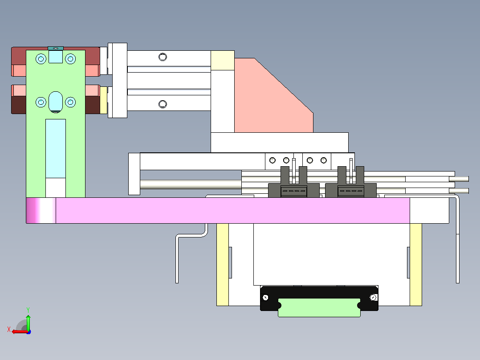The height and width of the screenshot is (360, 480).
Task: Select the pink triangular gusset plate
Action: [274, 95]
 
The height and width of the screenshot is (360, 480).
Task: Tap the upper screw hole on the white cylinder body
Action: [163, 57]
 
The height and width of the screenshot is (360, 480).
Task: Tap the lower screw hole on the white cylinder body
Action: [163, 104]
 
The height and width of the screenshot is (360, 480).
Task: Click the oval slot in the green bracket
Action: [55, 102]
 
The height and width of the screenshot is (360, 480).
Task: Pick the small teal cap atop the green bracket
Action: [56, 49]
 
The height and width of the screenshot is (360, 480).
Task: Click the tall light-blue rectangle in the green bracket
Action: [56, 149]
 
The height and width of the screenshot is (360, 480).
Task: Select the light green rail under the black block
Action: [319, 307]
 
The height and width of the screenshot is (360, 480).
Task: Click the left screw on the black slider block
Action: [265, 298]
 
